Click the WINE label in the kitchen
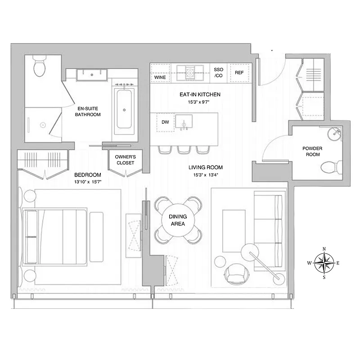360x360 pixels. click(160, 77)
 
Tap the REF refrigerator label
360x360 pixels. click(239, 72)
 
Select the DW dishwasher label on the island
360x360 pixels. click(165, 121)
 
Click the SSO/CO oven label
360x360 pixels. click(219, 72)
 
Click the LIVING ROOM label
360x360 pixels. click(206, 167)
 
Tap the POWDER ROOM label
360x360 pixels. click(312, 151)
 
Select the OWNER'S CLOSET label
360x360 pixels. click(125, 160)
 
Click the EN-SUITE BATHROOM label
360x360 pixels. click(89, 111)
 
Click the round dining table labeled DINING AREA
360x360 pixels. click(178, 220)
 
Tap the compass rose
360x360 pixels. click(324, 263)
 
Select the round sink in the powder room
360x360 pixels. click(334, 134)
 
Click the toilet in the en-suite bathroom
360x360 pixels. click(39, 66)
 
